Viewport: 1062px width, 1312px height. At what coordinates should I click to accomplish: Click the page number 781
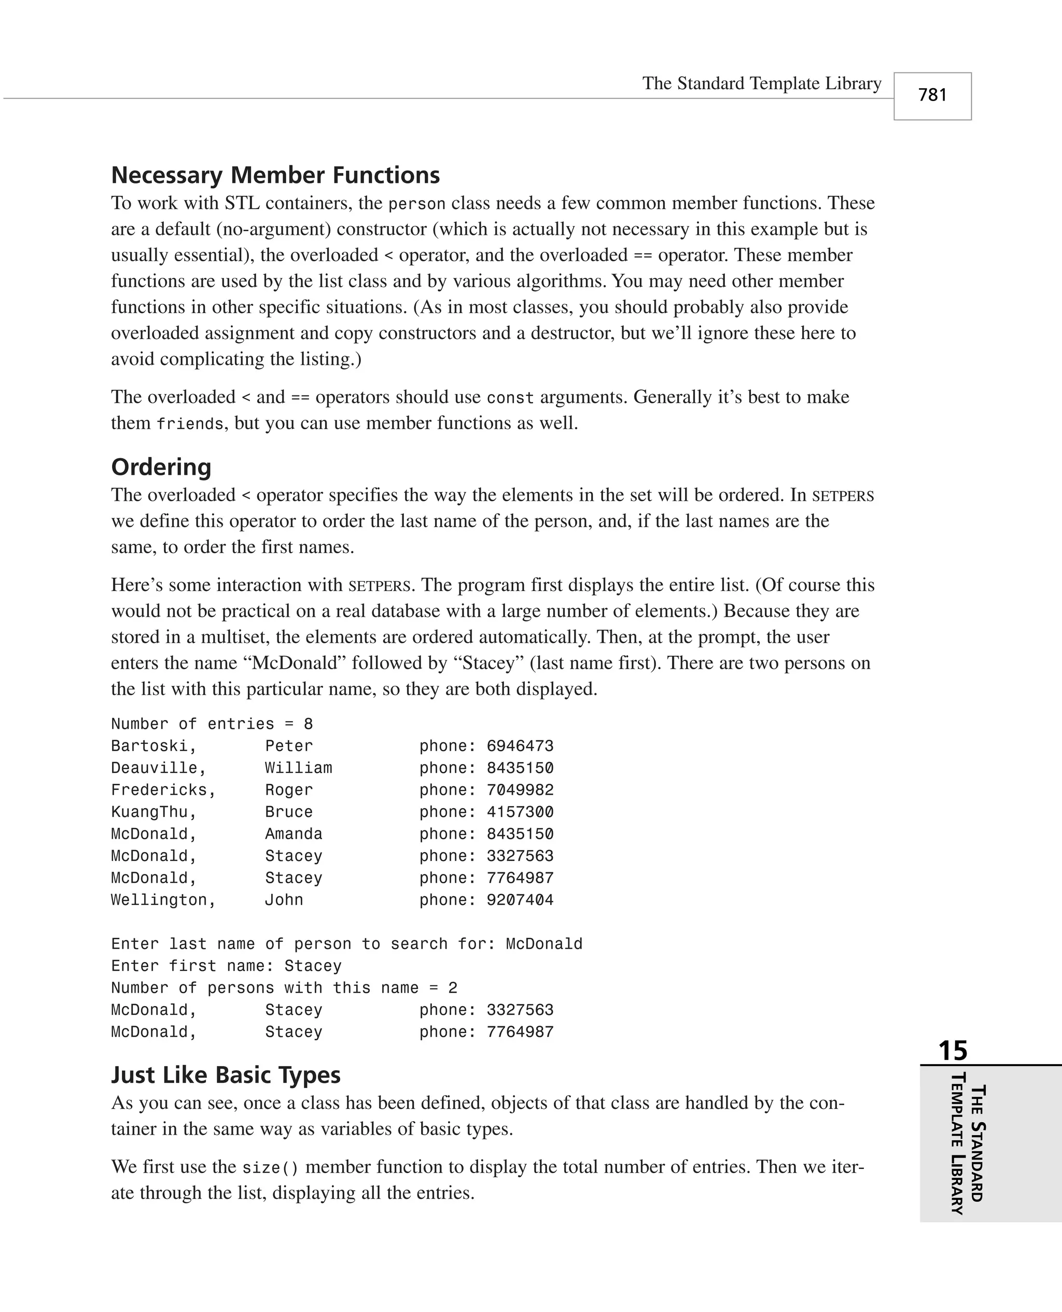tap(932, 95)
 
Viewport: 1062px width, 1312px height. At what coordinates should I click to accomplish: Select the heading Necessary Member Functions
tap(275, 175)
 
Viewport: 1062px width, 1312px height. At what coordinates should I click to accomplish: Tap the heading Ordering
tap(161, 467)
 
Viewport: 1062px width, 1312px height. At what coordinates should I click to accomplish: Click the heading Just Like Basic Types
tap(226, 1075)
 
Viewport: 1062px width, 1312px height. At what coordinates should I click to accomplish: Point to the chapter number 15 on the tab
tap(953, 1050)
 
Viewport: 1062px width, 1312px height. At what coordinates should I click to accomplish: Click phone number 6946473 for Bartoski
tap(520, 746)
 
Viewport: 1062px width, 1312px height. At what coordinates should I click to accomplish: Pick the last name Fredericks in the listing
tap(163, 790)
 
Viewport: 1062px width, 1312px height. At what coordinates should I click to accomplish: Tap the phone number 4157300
tap(520, 812)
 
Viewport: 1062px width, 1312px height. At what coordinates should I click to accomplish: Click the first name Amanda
tap(293, 834)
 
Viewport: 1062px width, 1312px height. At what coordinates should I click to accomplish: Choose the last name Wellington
tap(163, 900)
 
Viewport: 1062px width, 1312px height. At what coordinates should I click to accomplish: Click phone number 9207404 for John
tap(520, 900)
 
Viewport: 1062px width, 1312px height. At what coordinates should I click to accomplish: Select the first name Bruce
tap(288, 812)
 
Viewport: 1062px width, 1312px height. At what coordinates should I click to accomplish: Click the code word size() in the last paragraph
tap(270, 1168)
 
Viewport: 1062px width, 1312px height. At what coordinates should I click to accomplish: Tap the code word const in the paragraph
tap(510, 398)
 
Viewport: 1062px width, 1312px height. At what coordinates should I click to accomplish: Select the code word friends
tap(190, 424)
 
